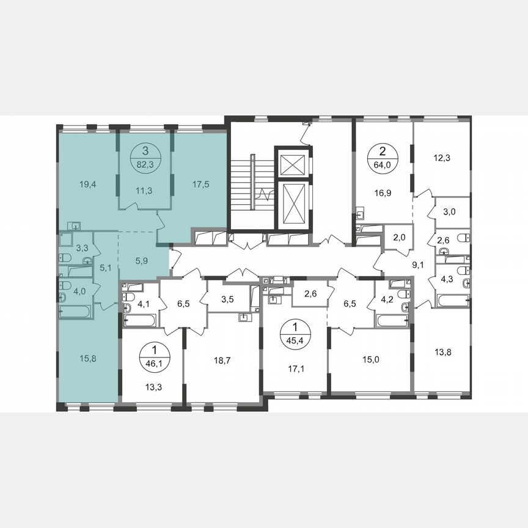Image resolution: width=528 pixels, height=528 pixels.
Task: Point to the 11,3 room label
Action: (144, 191)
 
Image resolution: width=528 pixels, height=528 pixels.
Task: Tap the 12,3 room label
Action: (442, 157)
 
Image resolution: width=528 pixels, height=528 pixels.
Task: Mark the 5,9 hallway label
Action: (142, 260)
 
